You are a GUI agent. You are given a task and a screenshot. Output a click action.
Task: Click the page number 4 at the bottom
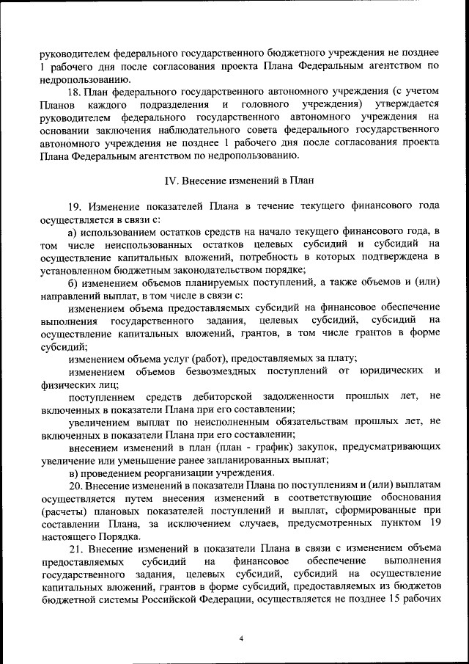241,638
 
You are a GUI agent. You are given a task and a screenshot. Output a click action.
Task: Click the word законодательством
197,270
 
